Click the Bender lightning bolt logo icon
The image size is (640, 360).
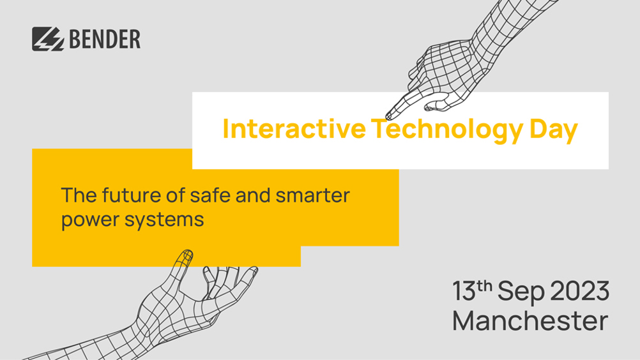tap(48, 39)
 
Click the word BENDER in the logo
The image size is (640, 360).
tap(105, 39)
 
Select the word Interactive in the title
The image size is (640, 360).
tap(294, 128)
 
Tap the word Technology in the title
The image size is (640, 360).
tap(447, 129)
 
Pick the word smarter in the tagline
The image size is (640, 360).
tap(312, 196)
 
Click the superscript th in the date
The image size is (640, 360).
tap(485, 286)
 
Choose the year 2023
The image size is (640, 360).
tap(580, 291)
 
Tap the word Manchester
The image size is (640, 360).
tap(530, 321)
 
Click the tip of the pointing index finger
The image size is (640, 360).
tap(388, 117)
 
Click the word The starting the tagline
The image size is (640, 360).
tap(79, 195)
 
